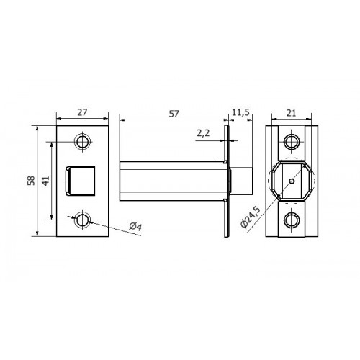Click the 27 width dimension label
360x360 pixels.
click(82, 112)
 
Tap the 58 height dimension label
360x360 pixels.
click(31, 181)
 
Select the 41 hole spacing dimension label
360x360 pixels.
click(45, 181)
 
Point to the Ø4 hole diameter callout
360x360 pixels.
click(135, 226)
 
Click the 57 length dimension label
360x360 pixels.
click(174, 114)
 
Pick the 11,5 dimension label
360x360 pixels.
click(240, 112)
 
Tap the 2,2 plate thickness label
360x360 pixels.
click(203, 132)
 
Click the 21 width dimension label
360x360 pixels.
click(291, 113)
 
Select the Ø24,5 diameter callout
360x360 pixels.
click(251, 217)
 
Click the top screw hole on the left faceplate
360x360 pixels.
click(83, 142)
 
